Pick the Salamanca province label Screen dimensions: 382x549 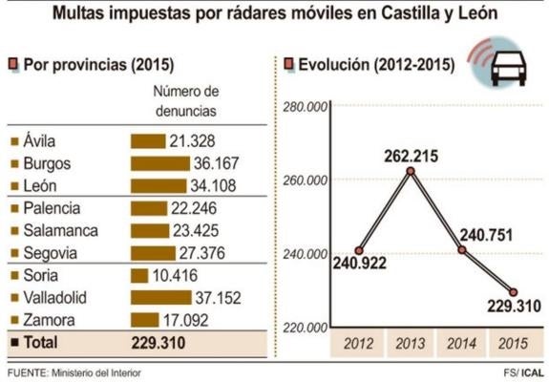click(x=60, y=230)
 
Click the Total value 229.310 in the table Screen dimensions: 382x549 click(x=158, y=341)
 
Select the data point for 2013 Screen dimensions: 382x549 click(x=410, y=171)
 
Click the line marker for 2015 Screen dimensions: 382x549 click(x=513, y=292)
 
